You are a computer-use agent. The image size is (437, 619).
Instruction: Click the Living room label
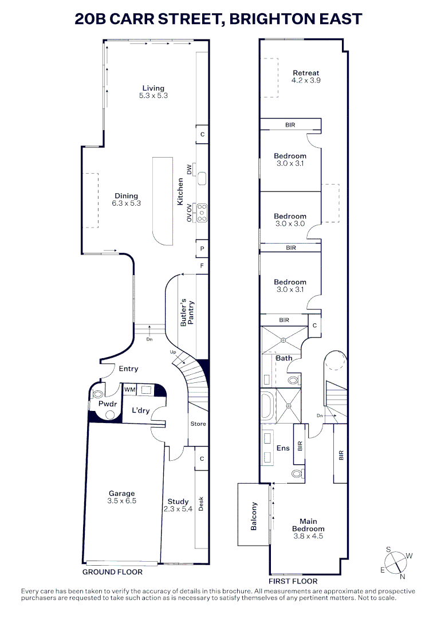click(153, 88)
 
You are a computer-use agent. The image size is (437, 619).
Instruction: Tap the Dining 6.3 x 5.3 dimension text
click(126, 203)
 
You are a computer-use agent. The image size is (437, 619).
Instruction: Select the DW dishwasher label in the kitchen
click(190, 169)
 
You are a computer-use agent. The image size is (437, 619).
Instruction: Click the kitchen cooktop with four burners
click(202, 213)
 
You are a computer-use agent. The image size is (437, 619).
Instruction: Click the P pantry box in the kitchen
click(202, 249)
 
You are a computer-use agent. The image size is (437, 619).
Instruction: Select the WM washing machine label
click(129, 390)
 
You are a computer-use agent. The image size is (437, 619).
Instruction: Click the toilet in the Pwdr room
click(99, 394)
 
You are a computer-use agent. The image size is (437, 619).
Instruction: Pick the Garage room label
click(122, 493)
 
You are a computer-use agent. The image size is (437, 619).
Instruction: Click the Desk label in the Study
click(200, 503)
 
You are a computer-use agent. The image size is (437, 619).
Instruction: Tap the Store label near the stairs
click(198, 424)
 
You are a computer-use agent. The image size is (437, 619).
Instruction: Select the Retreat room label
click(306, 73)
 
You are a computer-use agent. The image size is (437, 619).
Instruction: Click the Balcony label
click(254, 516)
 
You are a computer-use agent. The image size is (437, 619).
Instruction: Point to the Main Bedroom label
click(308, 525)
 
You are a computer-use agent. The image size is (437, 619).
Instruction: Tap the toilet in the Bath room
click(293, 380)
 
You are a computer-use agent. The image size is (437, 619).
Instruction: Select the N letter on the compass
click(402, 577)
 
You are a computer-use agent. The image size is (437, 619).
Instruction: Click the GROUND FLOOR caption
click(112, 572)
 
